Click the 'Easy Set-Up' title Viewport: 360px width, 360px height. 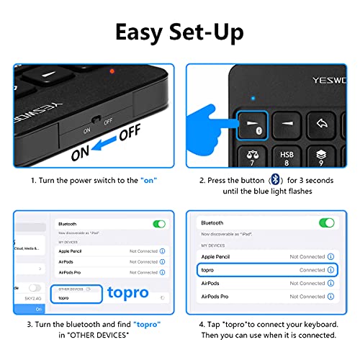[x=180, y=32]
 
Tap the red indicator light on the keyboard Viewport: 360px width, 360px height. [x=111, y=72]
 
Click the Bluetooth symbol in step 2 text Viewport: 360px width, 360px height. [x=274, y=179]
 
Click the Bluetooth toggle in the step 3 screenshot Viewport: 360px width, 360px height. [x=159, y=224]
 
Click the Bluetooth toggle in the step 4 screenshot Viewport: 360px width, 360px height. [x=327, y=223]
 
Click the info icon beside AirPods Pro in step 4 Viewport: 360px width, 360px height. [x=330, y=296]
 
